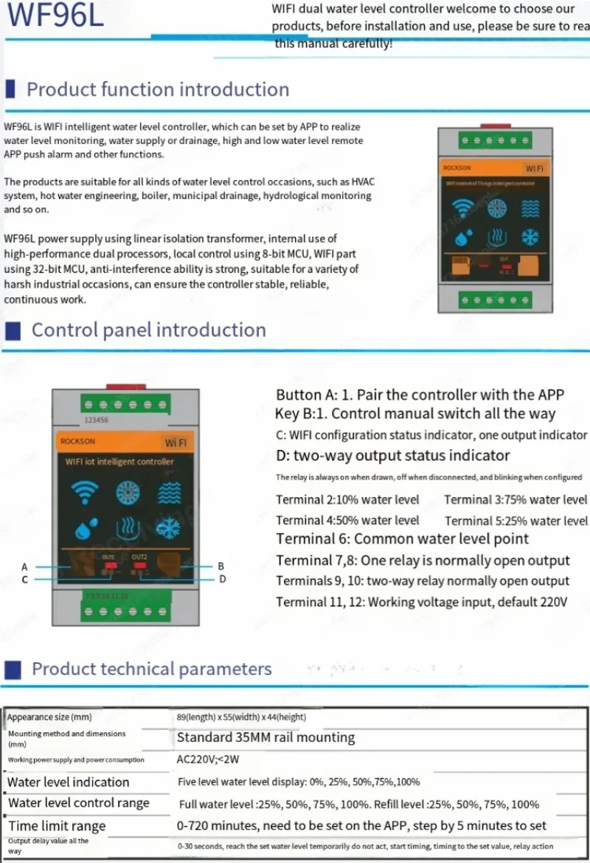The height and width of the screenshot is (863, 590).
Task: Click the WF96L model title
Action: pyautogui.click(x=56, y=16)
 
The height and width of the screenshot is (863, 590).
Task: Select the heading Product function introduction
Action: pyautogui.click(x=158, y=90)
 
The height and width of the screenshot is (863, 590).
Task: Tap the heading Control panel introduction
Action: pyautogui.click(x=148, y=330)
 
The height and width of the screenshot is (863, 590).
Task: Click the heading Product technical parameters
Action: pyautogui.click(x=151, y=669)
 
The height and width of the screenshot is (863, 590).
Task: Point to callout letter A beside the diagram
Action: pyautogui.click(x=24, y=566)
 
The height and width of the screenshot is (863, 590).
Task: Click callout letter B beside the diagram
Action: pyautogui.click(x=221, y=566)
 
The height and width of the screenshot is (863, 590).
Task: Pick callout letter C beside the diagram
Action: pyautogui.click(x=24, y=580)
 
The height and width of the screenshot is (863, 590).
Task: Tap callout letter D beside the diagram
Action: pyautogui.click(x=222, y=580)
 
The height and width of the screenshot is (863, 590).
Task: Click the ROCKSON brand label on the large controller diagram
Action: pyautogui.click(x=77, y=441)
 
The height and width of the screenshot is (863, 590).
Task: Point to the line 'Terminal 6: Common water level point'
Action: pyautogui.click(x=402, y=539)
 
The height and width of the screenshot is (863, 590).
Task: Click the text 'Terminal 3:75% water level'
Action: pyautogui.click(x=516, y=499)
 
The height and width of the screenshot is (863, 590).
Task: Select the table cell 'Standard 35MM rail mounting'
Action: pyautogui.click(x=265, y=738)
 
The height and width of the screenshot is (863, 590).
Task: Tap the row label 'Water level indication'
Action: pyautogui.click(x=68, y=782)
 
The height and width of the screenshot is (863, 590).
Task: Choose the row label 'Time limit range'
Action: pyautogui.click(x=57, y=825)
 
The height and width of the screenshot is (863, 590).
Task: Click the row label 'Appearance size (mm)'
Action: pyautogui.click(x=49, y=717)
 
